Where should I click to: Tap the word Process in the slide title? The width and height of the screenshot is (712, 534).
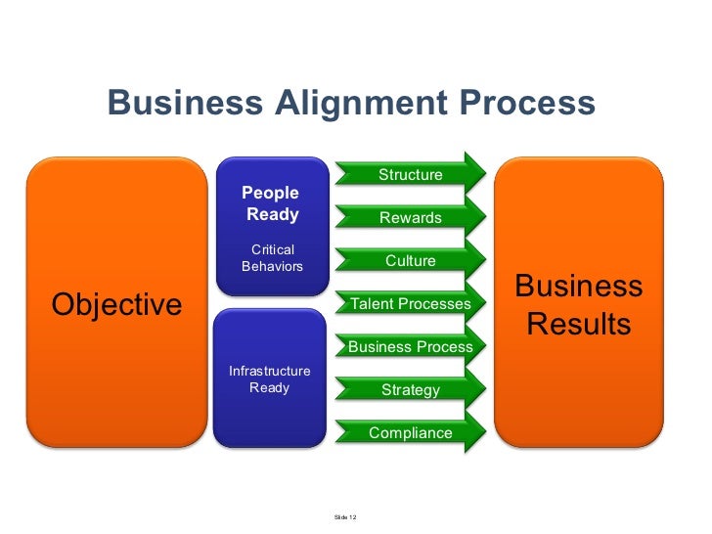(x=523, y=103)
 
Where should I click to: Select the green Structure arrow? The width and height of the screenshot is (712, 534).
(x=411, y=175)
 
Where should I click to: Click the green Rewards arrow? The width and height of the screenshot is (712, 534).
(x=411, y=218)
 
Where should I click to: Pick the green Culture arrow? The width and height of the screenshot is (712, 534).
(x=411, y=261)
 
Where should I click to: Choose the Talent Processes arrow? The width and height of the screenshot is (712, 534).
(x=411, y=304)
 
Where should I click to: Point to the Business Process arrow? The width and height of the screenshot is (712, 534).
(x=411, y=347)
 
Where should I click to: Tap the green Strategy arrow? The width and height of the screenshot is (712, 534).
(x=411, y=390)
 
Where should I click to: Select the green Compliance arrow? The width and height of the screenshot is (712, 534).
(x=411, y=433)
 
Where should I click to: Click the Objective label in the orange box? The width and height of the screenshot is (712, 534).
(x=116, y=304)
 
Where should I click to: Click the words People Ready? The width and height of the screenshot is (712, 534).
(x=271, y=203)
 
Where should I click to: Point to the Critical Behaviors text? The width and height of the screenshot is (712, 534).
(x=272, y=258)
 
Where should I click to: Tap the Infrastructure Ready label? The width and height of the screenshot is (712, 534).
(x=269, y=379)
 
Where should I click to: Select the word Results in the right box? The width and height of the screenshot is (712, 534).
(x=579, y=324)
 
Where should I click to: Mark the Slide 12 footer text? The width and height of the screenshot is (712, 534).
(x=345, y=516)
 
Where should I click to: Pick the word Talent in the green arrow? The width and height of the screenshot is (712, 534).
(x=371, y=304)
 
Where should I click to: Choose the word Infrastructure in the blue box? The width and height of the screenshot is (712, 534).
(x=269, y=372)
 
